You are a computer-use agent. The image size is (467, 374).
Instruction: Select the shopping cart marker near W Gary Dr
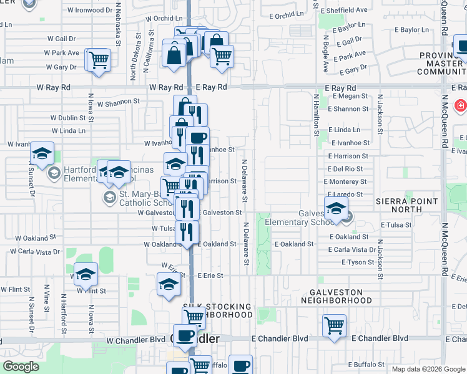98,60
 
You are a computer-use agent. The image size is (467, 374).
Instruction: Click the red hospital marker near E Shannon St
461,107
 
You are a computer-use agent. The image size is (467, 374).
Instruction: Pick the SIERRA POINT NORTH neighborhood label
408,206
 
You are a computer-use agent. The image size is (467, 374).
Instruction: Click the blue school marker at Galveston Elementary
336,211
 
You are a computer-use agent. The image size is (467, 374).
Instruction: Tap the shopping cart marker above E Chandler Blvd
334,325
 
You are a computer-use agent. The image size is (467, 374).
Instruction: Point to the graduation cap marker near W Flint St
86,273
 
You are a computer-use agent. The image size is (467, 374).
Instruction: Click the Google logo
21,367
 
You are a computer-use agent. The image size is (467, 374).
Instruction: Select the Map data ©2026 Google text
429,369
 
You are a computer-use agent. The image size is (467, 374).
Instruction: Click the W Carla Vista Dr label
34,252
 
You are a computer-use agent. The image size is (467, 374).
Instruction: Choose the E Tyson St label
357,262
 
